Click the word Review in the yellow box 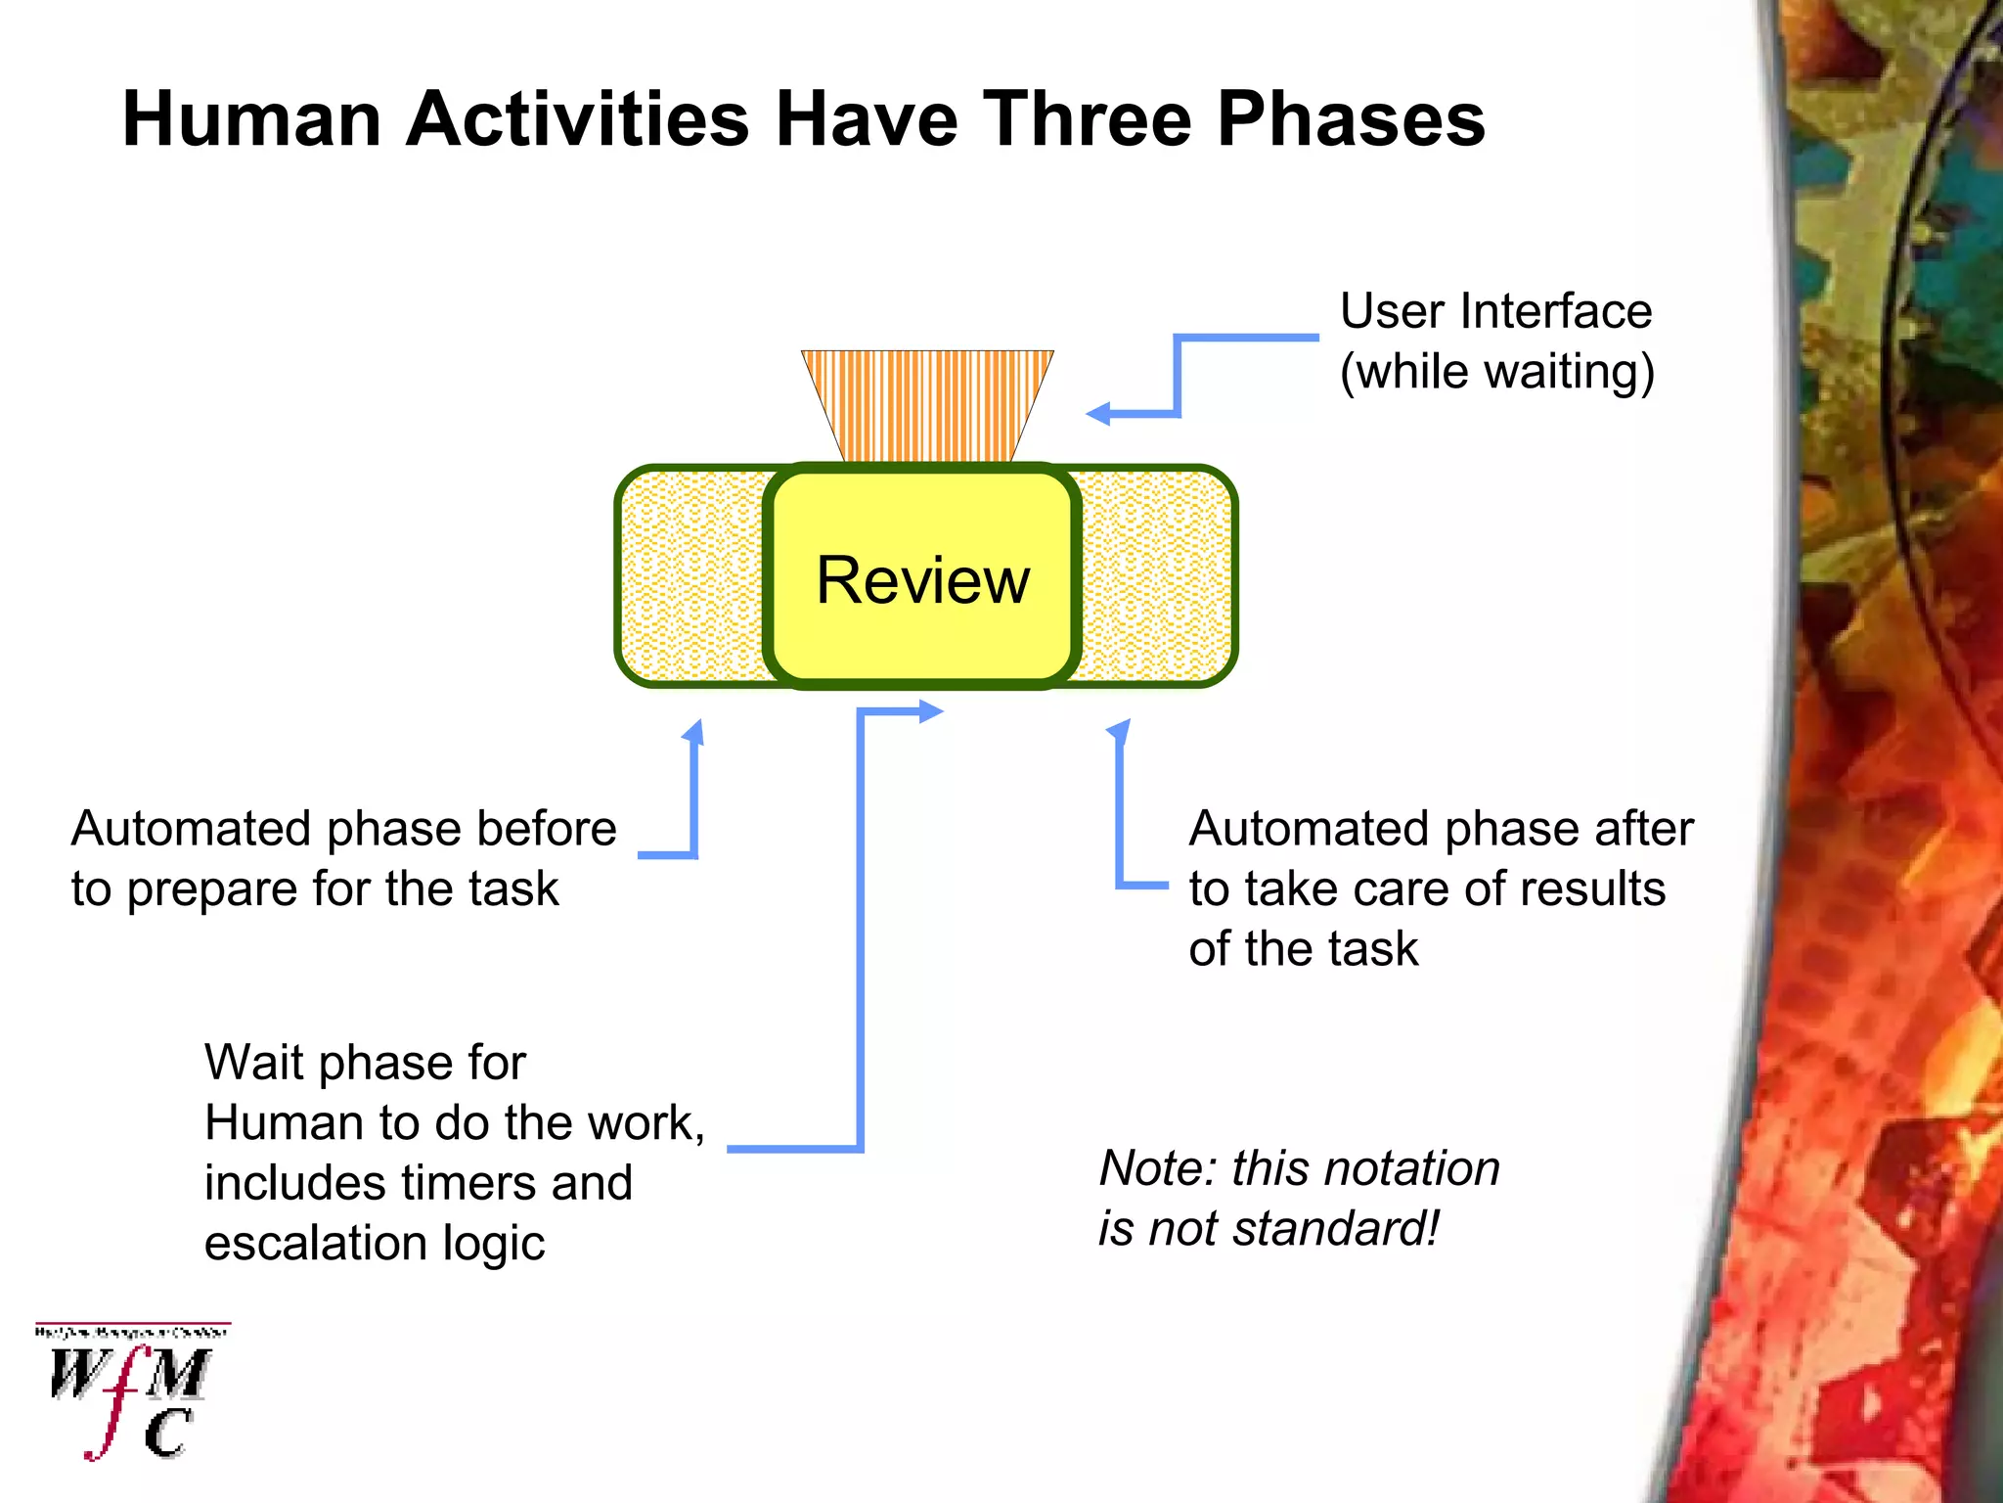click(922, 580)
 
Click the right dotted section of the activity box click(1156, 575)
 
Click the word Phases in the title click(1351, 119)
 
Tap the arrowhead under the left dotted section click(693, 732)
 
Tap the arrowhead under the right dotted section click(1119, 731)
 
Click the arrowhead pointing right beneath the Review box click(931, 711)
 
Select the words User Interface click(1495, 311)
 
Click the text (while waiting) click(1496, 372)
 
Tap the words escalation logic click(375, 1243)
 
